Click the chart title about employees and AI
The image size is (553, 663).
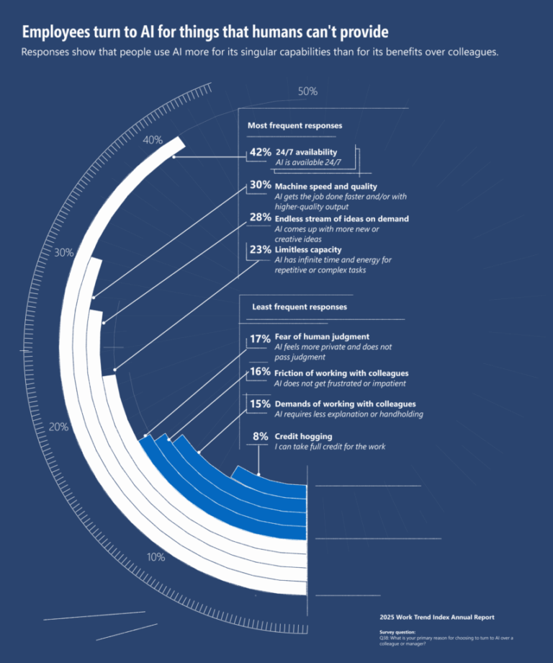point(205,32)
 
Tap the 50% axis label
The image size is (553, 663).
point(307,92)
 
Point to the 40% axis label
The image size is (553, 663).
point(153,140)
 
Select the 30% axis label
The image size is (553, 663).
point(64,252)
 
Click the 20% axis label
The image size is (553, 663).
point(58,427)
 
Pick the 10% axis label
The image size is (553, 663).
point(156,557)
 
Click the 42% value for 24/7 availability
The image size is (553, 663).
point(260,152)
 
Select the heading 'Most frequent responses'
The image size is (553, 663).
point(295,125)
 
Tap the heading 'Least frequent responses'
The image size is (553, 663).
point(299,306)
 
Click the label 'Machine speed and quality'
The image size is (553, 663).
point(325,187)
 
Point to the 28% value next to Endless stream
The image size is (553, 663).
point(260,218)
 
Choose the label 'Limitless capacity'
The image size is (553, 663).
point(307,250)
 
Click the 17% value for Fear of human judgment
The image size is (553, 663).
point(260,338)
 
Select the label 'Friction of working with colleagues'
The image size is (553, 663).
point(341,373)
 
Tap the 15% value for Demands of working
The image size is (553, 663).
point(260,404)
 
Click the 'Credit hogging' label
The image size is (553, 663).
point(303,437)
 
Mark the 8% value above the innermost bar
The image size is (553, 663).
point(260,437)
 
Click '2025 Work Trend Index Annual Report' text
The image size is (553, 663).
point(436,618)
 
